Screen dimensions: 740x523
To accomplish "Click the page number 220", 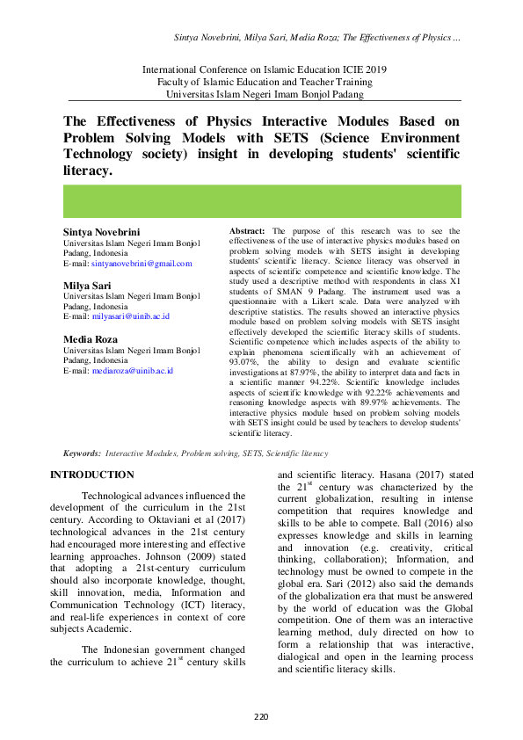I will pos(261,718).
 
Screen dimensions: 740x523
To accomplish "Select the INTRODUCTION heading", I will pos(88,475).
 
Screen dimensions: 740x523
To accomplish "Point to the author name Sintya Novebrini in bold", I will pos(101,232).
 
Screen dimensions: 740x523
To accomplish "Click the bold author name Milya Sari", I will pos(85,286).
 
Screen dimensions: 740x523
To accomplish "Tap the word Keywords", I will pos(80,453).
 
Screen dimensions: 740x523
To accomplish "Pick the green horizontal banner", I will pos(261,201).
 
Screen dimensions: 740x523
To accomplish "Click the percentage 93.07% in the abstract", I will pos(243,360).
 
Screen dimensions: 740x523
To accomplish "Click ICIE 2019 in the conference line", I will pos(353,69).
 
